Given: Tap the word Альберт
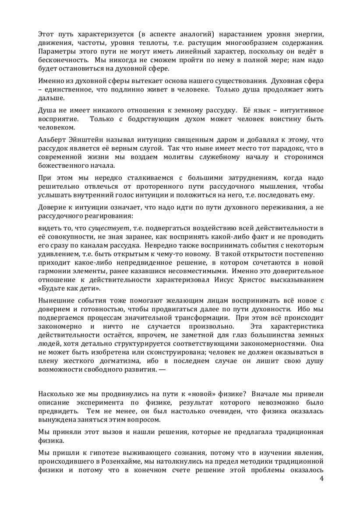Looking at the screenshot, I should coord(51,139).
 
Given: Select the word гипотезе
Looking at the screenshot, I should coord(93,454).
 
